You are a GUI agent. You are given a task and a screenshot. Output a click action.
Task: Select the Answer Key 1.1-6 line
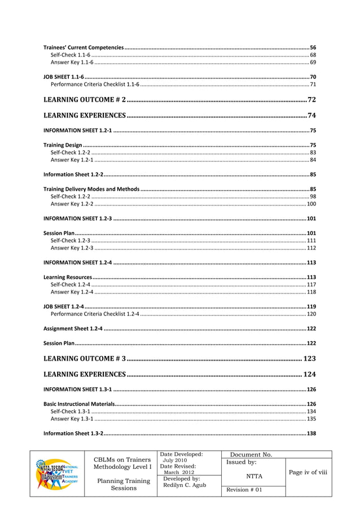tap(72, 62)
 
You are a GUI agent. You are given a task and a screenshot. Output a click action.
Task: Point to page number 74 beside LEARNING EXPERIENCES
tap(311, 116)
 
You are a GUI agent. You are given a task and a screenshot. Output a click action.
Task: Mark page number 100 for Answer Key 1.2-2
tap(311, 203)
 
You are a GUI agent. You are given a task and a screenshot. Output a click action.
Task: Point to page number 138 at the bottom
tap(311, 433)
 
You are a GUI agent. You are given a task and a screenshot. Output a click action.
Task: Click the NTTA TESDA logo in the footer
tap(55, 474)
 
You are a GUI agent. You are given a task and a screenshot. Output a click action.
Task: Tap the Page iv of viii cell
tap(308, 472)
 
